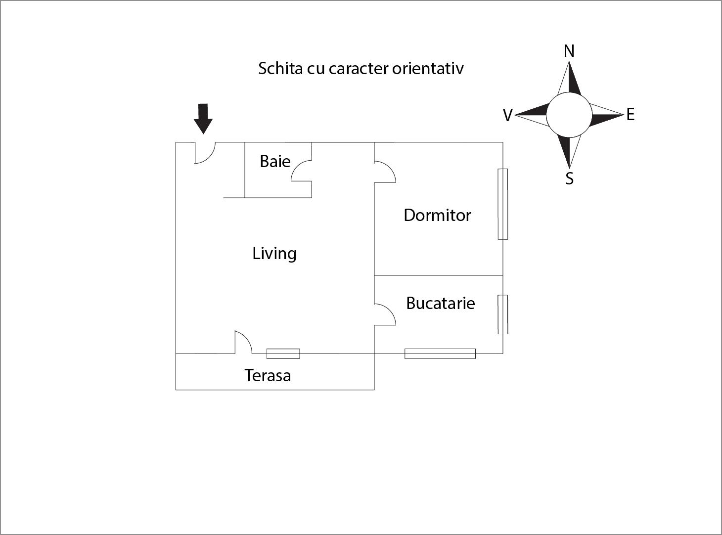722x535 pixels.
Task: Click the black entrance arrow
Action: (x=203, y=119)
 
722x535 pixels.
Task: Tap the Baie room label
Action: (x=275, y=161)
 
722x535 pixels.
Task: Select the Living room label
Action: (x=274, y=254)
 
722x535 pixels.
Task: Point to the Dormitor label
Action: (x=437, y=215)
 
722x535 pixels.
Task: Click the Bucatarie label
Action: (x=441, y=303)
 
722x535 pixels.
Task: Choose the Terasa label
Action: (x=268, y=375)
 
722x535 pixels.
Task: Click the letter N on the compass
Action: (x=569, y=51)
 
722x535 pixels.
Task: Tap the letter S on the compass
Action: (x=569, y=178)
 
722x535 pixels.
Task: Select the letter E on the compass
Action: (x=631, y=115)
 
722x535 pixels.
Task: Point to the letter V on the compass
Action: (x=508, y=115)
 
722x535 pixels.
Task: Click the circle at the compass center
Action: (x=569, y=115)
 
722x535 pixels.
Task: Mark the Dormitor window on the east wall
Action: (x=502, y=204)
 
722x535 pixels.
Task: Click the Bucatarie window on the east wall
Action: (x=502, y=314)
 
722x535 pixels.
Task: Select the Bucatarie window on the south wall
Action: (x=440, y=354)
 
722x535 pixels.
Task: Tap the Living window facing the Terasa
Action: (x=283, y=354)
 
